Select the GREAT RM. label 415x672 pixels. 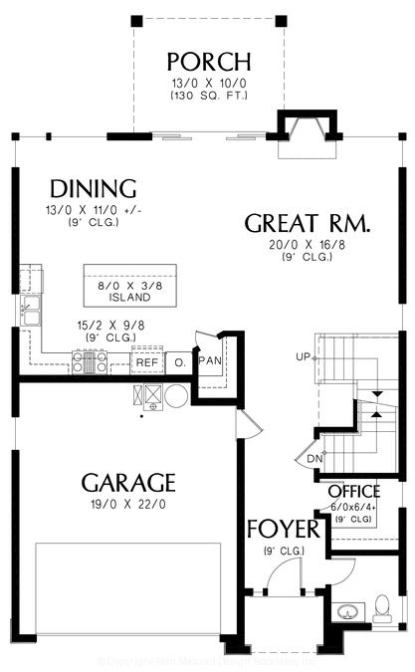[x=308, y=223]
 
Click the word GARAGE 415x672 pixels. [x=128, y=483]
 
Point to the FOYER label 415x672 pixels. [x=283, y=528]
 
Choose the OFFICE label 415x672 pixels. [x=354, y=492]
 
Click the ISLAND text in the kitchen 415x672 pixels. [x=130, y=297]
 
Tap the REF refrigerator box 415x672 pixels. [x=147, y=362]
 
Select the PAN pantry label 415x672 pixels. [x=210, y=359]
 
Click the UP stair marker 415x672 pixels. [x=303, y=355]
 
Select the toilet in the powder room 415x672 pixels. [x=383, y=606]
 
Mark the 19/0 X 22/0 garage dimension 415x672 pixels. [x=128, y=505]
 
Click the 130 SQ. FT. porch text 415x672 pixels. [x=208, y=96]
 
